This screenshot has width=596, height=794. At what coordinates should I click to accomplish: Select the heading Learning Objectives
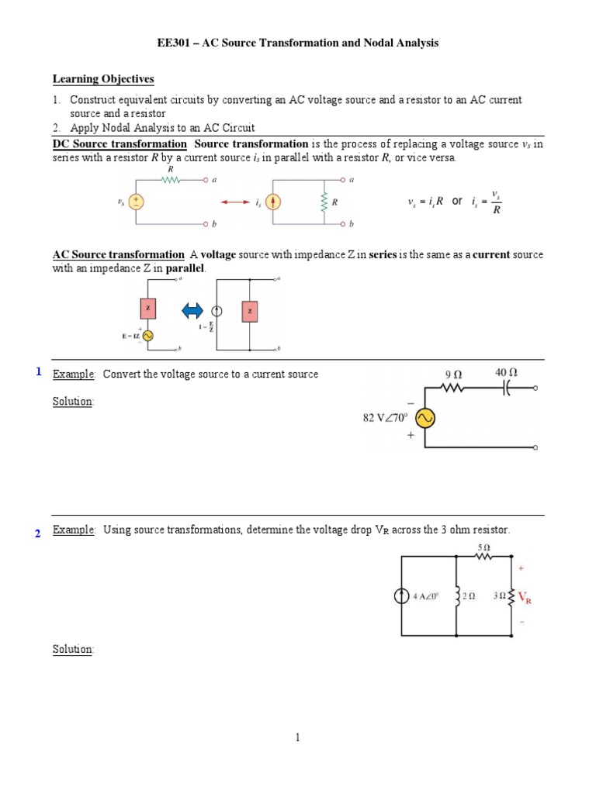(x=103, y=79)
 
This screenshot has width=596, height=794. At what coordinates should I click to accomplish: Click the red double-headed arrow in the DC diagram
(x=235, y=202)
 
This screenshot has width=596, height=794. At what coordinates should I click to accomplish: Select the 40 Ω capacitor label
(x=506, y=372)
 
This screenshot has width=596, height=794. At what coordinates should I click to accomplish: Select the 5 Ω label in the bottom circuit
(x=483, y=547)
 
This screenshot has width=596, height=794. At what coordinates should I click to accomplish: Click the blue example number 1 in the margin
(x=38, y=372)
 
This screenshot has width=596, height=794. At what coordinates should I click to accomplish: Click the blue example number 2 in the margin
(x=37, y=533)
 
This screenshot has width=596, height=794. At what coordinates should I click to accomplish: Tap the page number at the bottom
(x=297, y=738)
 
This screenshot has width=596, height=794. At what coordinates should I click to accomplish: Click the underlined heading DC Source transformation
(x=120, y=144)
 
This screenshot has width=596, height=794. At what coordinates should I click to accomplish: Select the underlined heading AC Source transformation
(x=119, y=255)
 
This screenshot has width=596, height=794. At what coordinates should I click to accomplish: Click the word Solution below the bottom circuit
(x=72, y=649)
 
